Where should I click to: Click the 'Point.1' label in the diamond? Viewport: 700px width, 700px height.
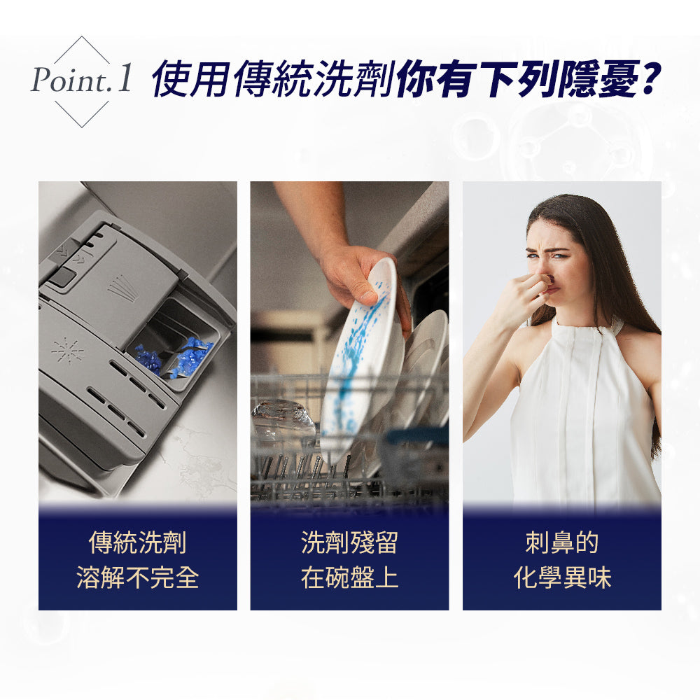(x=81, y=81)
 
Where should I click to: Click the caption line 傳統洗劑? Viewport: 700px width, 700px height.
(x=138, y=542)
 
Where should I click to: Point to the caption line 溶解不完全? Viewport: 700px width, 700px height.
(x=138, y=577)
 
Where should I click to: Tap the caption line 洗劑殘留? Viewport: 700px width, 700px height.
(x=349, y=542)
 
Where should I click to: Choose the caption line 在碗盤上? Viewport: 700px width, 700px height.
(x=349, y=577)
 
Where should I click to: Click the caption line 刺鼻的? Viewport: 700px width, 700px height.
(x=561, y=542)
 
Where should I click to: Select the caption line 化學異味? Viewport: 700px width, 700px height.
(x=561, y=577)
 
